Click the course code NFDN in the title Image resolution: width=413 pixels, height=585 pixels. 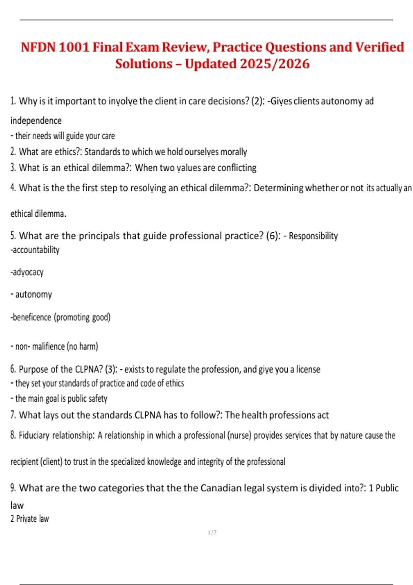point(38,47)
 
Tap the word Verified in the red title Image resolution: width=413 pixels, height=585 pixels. point(380,47)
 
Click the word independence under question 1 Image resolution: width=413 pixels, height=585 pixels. point(36,121)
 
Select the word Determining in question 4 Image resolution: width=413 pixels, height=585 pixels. point(278,188)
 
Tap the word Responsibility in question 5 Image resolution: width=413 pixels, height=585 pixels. point(313,236)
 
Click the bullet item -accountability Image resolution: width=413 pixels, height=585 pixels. point(35,250)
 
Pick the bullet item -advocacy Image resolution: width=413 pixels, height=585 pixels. point(27,272)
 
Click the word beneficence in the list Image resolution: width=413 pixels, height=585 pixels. point(32,317)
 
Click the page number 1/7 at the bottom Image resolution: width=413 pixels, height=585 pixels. point(212,533)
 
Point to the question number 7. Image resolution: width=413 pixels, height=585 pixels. point(13,415)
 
